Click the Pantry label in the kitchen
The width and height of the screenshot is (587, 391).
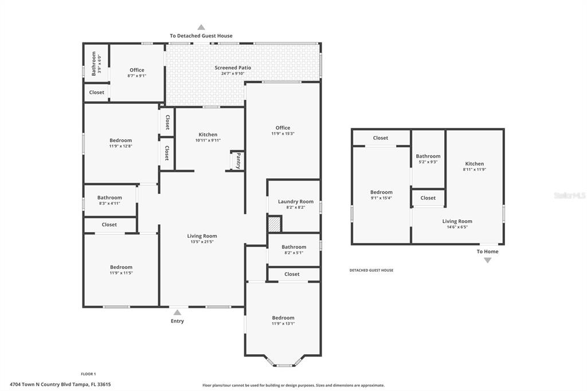[x=238, y=161]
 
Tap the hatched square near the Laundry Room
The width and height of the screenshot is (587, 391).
[x=275, y=224]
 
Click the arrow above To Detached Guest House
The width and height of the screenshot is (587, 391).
[x=201, y=27]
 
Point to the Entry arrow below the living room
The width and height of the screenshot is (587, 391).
[x=178, y=312]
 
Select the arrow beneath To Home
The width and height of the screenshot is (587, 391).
[x=487, y=260]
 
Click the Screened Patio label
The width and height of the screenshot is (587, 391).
[x=233, y=68]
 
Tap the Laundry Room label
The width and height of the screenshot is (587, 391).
[x=296, y=201]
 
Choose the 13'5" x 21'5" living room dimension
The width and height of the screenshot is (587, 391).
[x=202, y=242]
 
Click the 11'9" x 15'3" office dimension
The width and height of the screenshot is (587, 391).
[x=283, y=134]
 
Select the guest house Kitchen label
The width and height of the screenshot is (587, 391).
[x=474, y=163]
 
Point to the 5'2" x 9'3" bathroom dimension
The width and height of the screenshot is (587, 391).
[x=428, y=162]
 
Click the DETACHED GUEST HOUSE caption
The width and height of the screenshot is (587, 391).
[x=371, y=270]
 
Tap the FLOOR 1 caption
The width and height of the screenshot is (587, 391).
[x=88, y=374]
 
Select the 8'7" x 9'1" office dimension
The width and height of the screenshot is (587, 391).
[x=137, y=76]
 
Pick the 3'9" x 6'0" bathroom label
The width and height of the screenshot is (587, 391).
[x=100, y=64]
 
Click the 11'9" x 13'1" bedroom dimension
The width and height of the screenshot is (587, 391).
[x=283, y=323]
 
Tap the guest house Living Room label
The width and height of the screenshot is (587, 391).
[x=457, y=221]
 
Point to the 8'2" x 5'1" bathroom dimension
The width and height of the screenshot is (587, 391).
[x=294, y=253]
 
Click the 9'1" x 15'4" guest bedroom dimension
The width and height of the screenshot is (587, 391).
[x=381, y=198]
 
